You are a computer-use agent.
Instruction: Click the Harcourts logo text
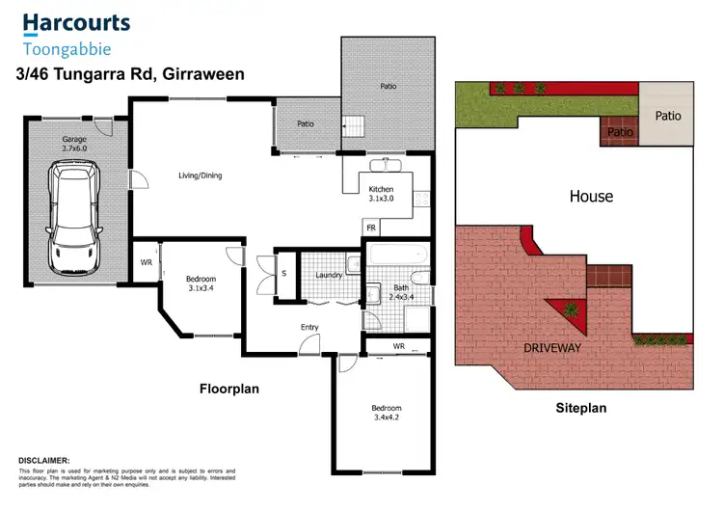(x=76, y=22)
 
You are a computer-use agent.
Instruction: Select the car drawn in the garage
(x=75, y=218)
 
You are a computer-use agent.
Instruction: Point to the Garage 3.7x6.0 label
(x=74, y=145)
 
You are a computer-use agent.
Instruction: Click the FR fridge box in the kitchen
(x=370, y=228)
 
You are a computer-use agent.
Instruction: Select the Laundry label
(x=330, y=276)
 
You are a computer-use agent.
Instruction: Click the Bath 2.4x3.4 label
(x=399, y=294)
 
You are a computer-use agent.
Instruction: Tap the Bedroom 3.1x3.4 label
(x=201, y=283)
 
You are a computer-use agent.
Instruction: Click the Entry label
(x=309, y=327)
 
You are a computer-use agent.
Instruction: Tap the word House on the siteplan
(x=591, y=197)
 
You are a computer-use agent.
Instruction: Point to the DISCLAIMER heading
(x=43, y=461)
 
